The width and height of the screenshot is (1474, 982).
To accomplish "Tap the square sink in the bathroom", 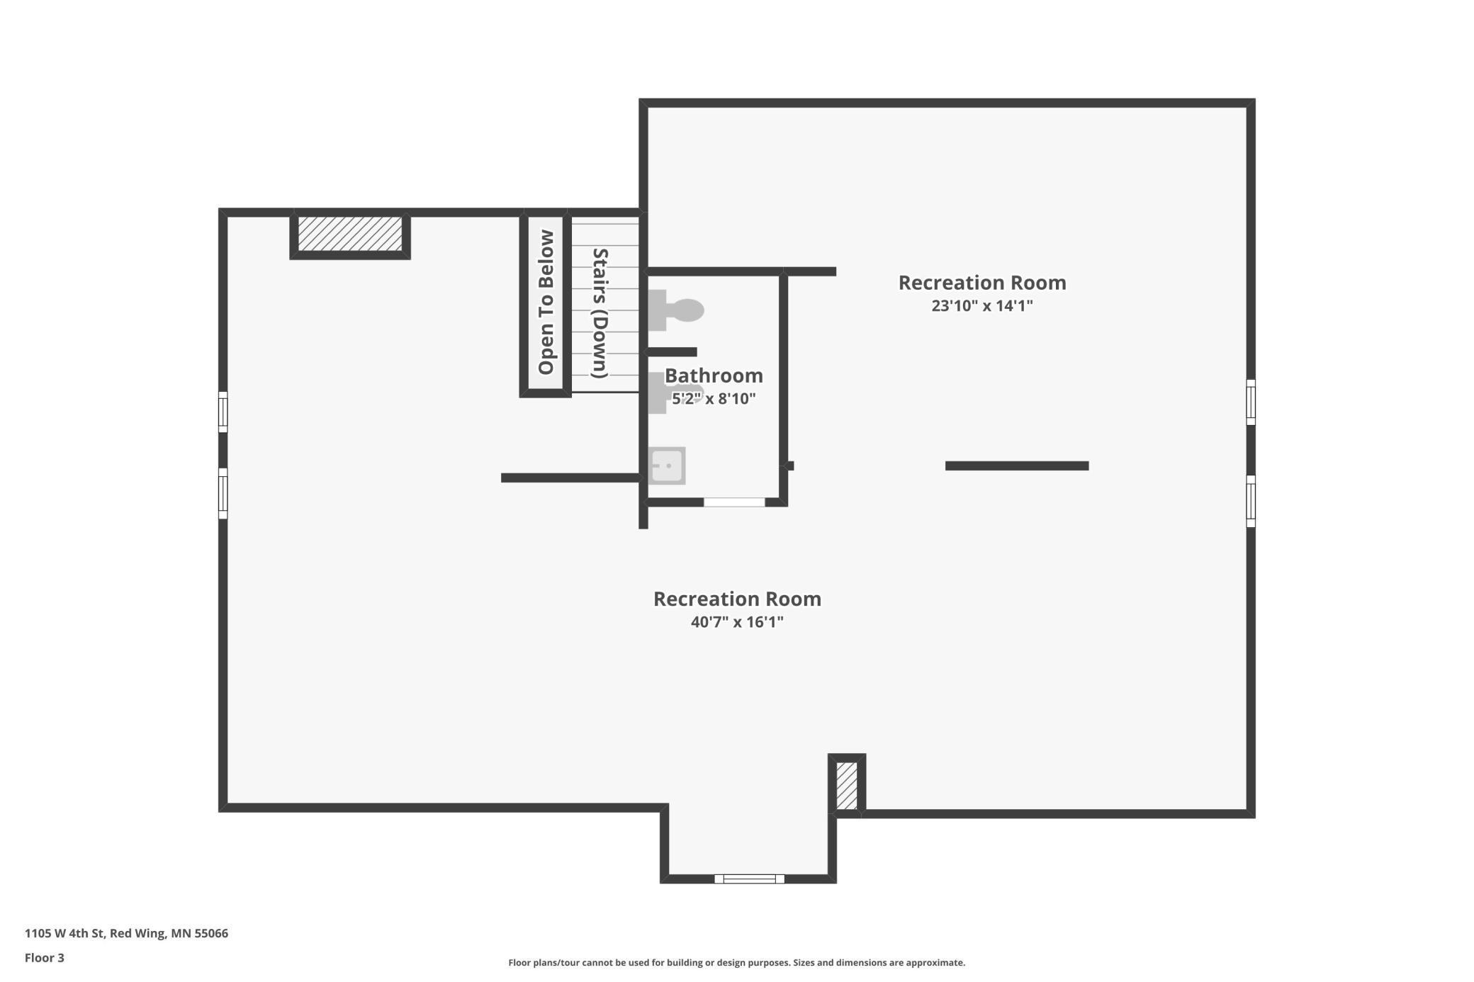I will (x=667, y=465).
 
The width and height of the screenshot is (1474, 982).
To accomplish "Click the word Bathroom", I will (x=714, y=376).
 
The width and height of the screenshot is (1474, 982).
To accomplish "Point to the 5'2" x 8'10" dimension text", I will (x=714, y=399).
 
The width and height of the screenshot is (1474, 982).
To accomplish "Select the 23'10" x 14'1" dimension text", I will (x=981, y=306).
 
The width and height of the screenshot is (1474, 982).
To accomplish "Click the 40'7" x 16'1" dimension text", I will (x=737, y=622).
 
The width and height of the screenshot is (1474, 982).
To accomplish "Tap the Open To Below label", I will (x=546, y=303).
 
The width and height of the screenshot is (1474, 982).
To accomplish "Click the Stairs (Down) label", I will (x=600, y=312).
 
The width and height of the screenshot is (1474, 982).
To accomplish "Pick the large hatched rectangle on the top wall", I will (x=350, y=234).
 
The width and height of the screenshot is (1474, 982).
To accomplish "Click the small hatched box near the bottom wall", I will (x=847, y=785).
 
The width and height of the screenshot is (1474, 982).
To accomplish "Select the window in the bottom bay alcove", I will (x=749, y=879).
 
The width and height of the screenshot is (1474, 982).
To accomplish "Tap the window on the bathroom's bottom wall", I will (x=734, y=502).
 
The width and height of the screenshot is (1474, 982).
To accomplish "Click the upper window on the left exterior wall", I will (x=223, y=412).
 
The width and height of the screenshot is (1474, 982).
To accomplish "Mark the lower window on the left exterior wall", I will (x=223, y=493).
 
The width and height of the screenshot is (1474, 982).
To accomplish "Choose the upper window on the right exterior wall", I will (x=1251, y=402).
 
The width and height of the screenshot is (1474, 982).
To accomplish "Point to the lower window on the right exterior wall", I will (x=1251, y=501).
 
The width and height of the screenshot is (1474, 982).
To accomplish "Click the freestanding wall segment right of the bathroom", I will (x=1017, y=465).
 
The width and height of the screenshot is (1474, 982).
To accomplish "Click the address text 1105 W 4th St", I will (x=126, y=933).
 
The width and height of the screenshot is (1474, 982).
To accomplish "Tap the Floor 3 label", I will (x=45, y=958).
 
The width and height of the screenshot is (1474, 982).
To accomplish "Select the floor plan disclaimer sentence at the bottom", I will (x=736, y=963).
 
